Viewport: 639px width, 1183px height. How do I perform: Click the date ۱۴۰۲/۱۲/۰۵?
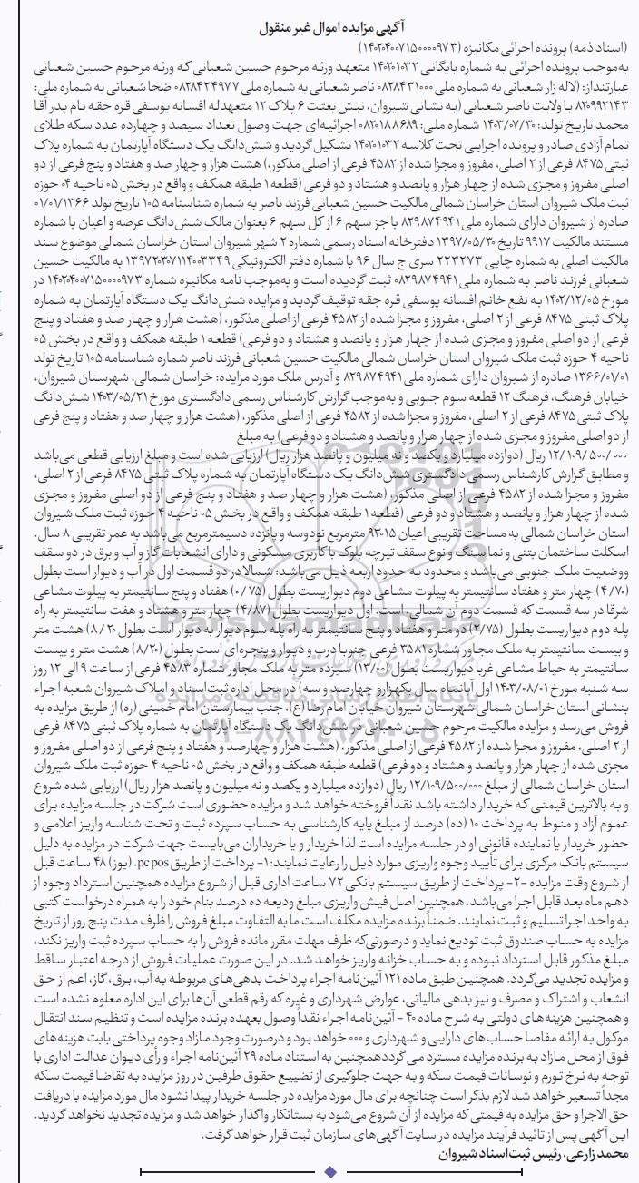[594, 291]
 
